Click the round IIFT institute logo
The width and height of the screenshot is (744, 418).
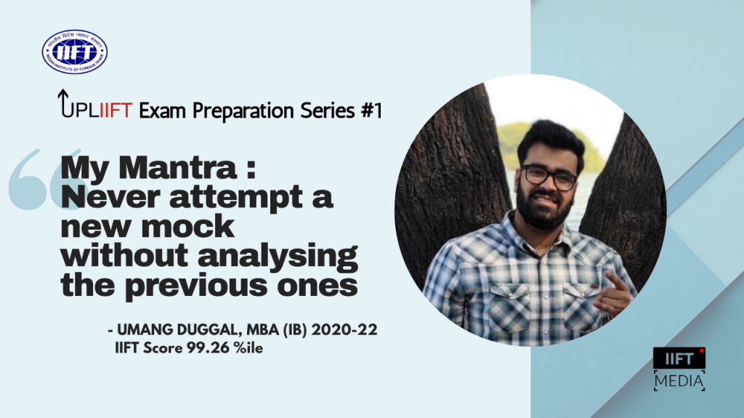75,52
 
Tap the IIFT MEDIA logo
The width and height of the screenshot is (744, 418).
679,369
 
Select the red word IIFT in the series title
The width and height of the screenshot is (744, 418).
115,111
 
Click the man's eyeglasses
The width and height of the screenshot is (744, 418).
549,177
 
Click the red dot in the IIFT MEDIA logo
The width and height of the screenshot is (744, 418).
701,352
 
